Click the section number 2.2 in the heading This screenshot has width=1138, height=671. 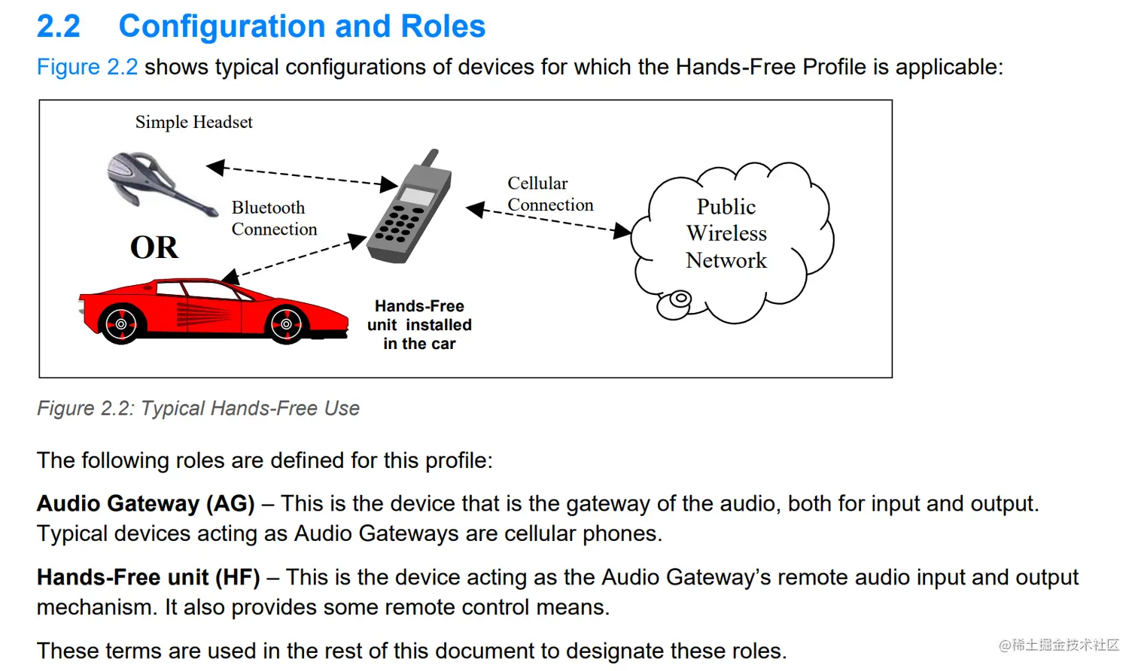click(59, 27)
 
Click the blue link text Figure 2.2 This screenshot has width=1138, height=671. click(87, 67)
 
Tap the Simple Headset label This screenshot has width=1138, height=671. click(193, 122)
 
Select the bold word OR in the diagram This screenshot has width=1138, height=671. click(154, 247)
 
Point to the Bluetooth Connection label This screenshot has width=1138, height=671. click(274, 218)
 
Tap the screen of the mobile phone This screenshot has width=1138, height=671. click(418, 196)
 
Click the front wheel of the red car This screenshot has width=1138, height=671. click(287, 325)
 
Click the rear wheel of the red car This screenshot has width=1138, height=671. click(121, 325)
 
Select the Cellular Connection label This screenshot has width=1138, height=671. click(549, 194)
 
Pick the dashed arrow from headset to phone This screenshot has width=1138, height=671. click(301, 175)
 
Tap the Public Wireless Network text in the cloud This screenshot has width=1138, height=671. click(726, 233)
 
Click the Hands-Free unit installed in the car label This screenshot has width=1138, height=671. click(419, 325)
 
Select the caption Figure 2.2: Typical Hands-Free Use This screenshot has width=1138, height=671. click(198, 408)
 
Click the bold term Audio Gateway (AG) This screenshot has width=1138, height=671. click(146, 503)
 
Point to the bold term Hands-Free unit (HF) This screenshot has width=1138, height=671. click(148, 578)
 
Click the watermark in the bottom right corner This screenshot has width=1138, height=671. click(1058, 645)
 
